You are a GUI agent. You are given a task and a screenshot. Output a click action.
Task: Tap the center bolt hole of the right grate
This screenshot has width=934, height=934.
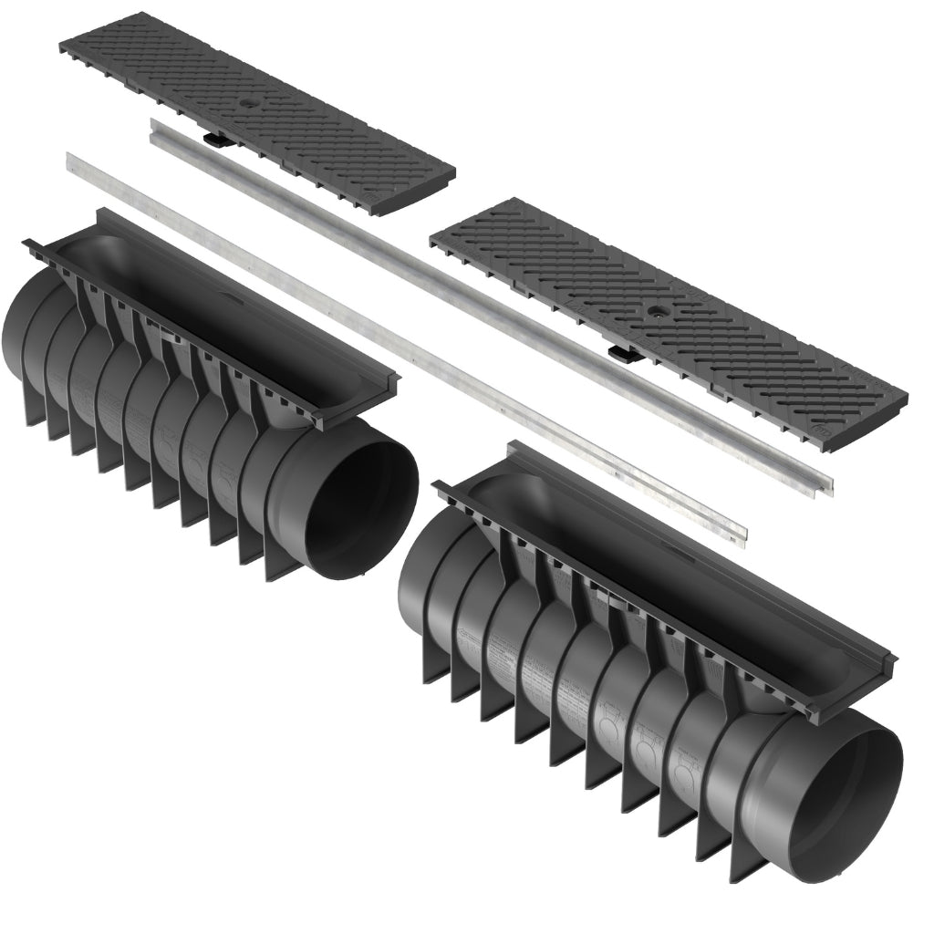pos(655,311)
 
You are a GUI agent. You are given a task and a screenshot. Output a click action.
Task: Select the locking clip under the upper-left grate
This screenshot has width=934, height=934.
pos(216,140)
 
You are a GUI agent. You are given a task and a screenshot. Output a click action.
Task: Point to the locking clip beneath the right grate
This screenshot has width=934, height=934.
pos(620,352)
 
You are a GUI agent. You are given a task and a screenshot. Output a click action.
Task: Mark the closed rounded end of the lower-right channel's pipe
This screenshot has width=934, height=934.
pos(410,593)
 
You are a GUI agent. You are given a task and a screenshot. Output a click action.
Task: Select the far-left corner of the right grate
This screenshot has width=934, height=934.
pos(432,239)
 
